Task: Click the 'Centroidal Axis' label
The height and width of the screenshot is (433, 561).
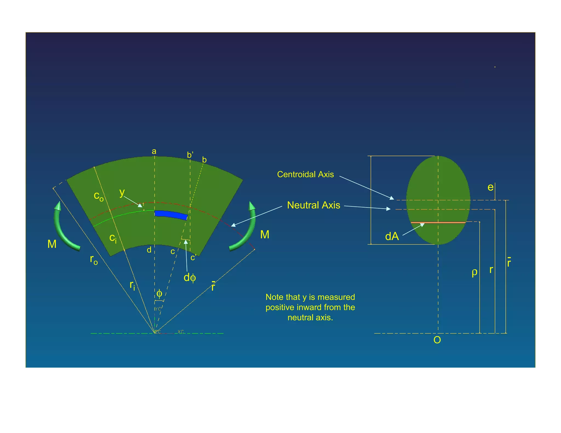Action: tap(305, 174)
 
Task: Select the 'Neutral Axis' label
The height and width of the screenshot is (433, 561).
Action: tap(313, 205)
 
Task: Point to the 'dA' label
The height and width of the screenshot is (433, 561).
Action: tap(392, 236)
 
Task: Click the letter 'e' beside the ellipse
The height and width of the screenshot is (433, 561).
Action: tap(490, 187)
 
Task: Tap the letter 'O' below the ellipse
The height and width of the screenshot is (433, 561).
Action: tap(437, 340)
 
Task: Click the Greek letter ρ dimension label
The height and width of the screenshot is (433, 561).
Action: tap(474, 272)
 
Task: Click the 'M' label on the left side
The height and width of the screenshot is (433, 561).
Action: tap(52, 244)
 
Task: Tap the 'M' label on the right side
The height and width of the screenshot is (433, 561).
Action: tap(265, 235)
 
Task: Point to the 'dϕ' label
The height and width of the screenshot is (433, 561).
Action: tap(190, 278)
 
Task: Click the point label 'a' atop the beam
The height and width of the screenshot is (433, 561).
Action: tap(154, 151)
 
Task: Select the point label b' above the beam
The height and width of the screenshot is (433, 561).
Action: tap(190, 155)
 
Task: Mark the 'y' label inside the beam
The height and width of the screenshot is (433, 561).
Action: tap(122, 192)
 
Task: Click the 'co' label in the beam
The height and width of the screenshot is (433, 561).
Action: tap(99, 196)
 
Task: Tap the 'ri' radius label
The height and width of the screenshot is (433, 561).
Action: tap(132, 285)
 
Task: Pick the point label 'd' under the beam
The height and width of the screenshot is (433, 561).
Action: tap(149, 250)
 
